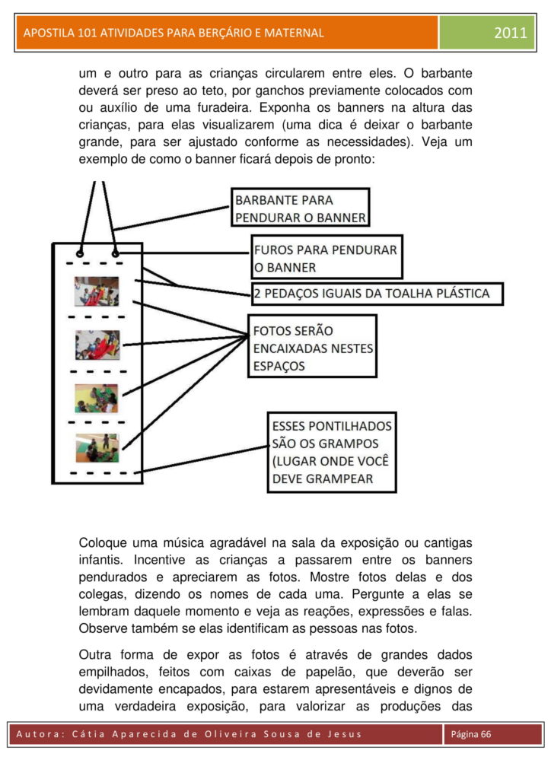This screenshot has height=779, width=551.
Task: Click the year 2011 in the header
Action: [x=510, y=33]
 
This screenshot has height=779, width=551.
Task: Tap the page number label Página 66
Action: [x=472, y=733]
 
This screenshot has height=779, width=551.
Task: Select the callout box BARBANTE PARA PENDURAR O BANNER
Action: [x=300, y=208]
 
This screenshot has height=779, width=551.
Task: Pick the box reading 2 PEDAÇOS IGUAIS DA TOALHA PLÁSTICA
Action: [x=377, y=294]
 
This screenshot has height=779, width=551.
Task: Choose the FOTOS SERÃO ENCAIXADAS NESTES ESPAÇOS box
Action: [x=312, y=348]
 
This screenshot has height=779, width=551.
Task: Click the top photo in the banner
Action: [x=97, y=291]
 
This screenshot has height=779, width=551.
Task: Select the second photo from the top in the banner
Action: [x=97, y=345]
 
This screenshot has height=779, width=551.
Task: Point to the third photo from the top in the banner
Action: [x=97, y=398]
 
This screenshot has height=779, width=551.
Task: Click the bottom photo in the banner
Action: [x=97, y=448]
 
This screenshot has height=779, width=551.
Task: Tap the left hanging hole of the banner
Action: [x=80, y=253]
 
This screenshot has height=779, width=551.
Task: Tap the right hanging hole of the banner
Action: [x=115, y=253]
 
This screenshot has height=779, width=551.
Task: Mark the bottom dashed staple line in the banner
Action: [x=97, y=472]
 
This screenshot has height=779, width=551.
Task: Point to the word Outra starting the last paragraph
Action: [x=97, y=654]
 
